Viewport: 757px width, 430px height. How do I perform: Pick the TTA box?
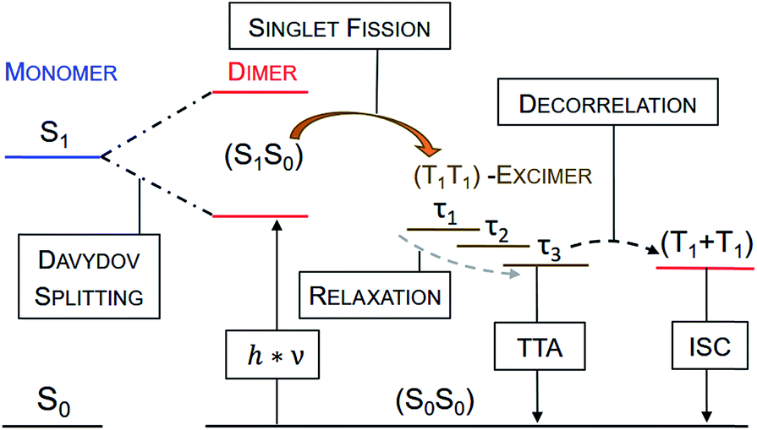537,346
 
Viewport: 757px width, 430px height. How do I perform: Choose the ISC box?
706,346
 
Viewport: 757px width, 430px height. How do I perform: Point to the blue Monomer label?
59,73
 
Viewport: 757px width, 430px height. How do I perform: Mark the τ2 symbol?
497,230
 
